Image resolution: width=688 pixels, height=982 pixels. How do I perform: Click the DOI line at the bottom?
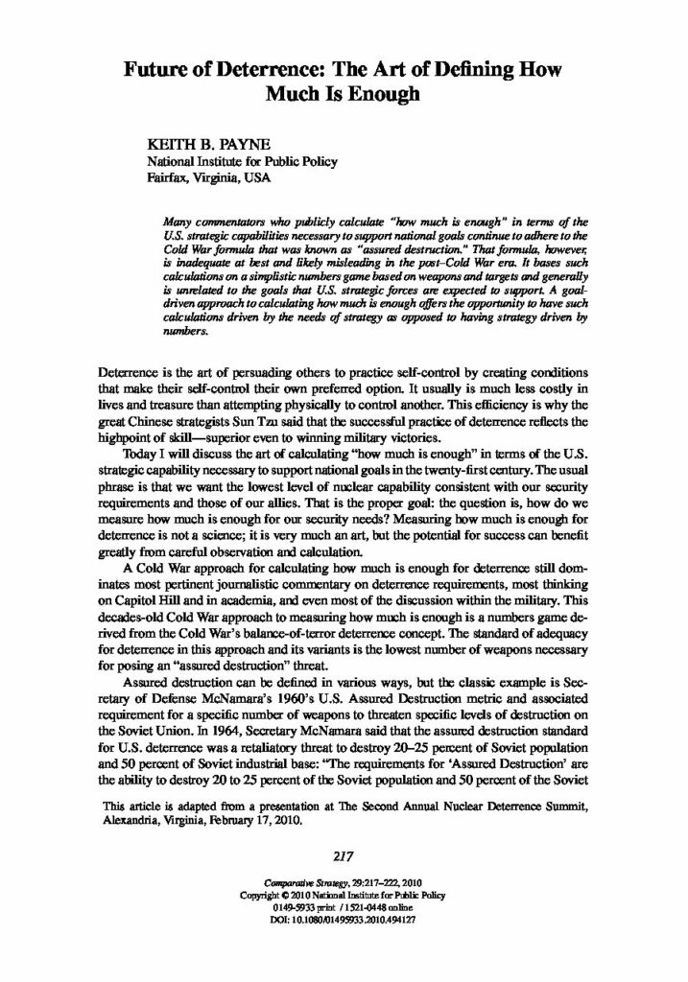(x=343, y=919)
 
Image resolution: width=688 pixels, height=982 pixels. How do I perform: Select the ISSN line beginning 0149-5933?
(x=343, y=906)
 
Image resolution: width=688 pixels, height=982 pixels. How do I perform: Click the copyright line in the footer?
(x=343, y=894)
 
